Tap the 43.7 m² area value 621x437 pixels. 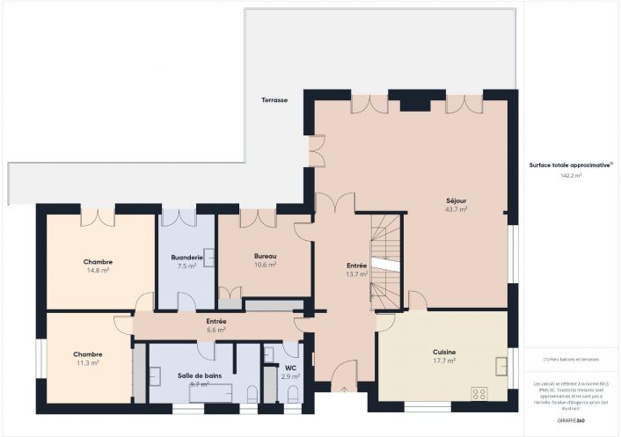(x=456, y=209)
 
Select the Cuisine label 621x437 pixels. (x=444, y=352)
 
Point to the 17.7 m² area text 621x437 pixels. (x=444, y=361)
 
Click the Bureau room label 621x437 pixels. (x=266, y=255)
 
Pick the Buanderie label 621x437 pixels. (x=186, y=257)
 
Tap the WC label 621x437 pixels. (x=290, y=368)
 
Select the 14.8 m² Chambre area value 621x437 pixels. (x=98, y=271)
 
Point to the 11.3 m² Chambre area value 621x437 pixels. (x=87, y=362)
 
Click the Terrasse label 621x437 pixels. (x=274, y=100)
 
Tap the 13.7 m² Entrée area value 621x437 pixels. (x=356, y=273)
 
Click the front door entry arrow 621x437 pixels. (x=344, y=388)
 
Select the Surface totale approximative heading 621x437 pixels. (x=570, y=164)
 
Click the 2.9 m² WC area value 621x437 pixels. (x=290, y=376)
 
